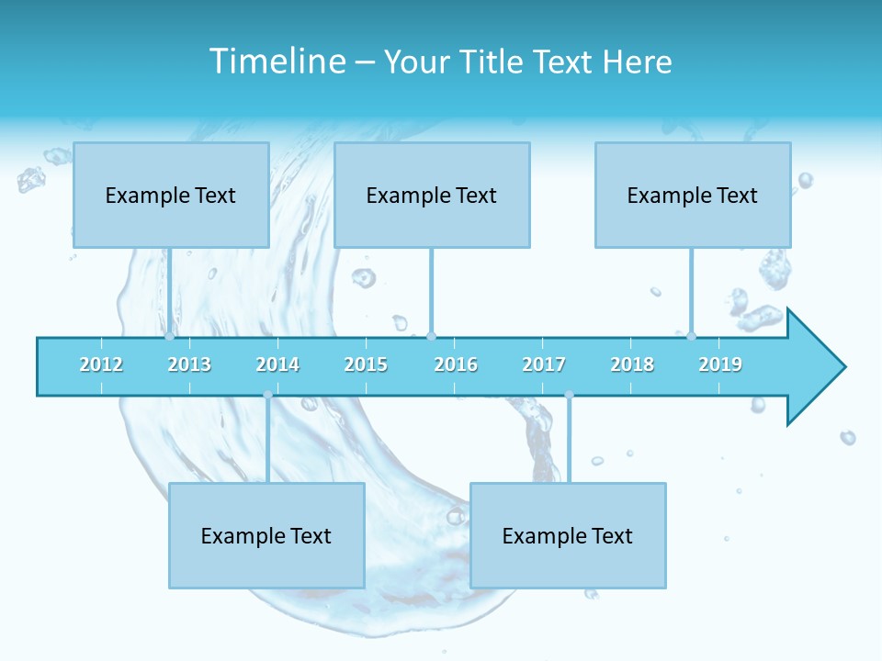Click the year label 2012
(101, 364)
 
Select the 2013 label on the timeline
(189, 364)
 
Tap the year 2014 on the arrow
(277, 364)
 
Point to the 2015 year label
(366, 364)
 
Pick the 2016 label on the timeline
(456, 364)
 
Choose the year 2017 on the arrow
(544, 364)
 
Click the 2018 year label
(632, 364)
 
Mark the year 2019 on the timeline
(720, 364)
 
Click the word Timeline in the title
(276, 62)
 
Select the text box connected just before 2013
(171, 195)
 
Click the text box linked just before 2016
(432, 195)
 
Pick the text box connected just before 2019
(693, 195)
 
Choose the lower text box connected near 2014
(266, 535)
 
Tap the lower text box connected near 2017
(568, 535)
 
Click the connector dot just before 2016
(432, 336)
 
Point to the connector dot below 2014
(267, 395)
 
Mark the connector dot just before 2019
(692, 336)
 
